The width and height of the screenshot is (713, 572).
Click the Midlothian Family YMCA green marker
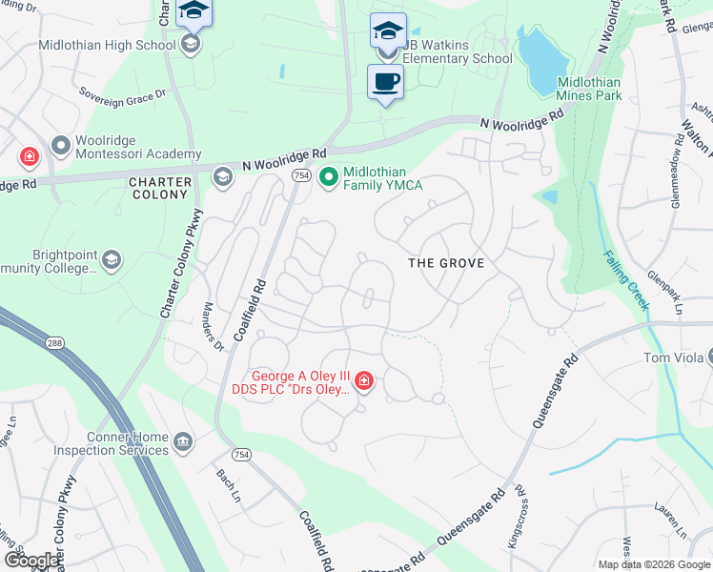329,177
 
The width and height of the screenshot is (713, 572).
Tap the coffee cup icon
386,81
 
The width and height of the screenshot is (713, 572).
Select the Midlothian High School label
108,45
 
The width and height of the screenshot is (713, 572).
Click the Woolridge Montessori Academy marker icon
62,145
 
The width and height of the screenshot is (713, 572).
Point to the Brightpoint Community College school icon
112,259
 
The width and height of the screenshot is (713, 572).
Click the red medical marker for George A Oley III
363,381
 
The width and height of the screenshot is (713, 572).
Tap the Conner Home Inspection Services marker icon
182,441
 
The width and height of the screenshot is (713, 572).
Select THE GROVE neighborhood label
446,263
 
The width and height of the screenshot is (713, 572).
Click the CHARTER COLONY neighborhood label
159,188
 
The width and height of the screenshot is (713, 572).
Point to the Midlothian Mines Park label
589,89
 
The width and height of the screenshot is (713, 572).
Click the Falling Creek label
625,280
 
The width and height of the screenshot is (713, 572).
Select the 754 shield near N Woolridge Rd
301,176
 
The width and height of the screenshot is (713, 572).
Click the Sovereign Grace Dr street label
123,94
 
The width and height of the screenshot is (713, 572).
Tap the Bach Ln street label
228,486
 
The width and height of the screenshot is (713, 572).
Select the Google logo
31,561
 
